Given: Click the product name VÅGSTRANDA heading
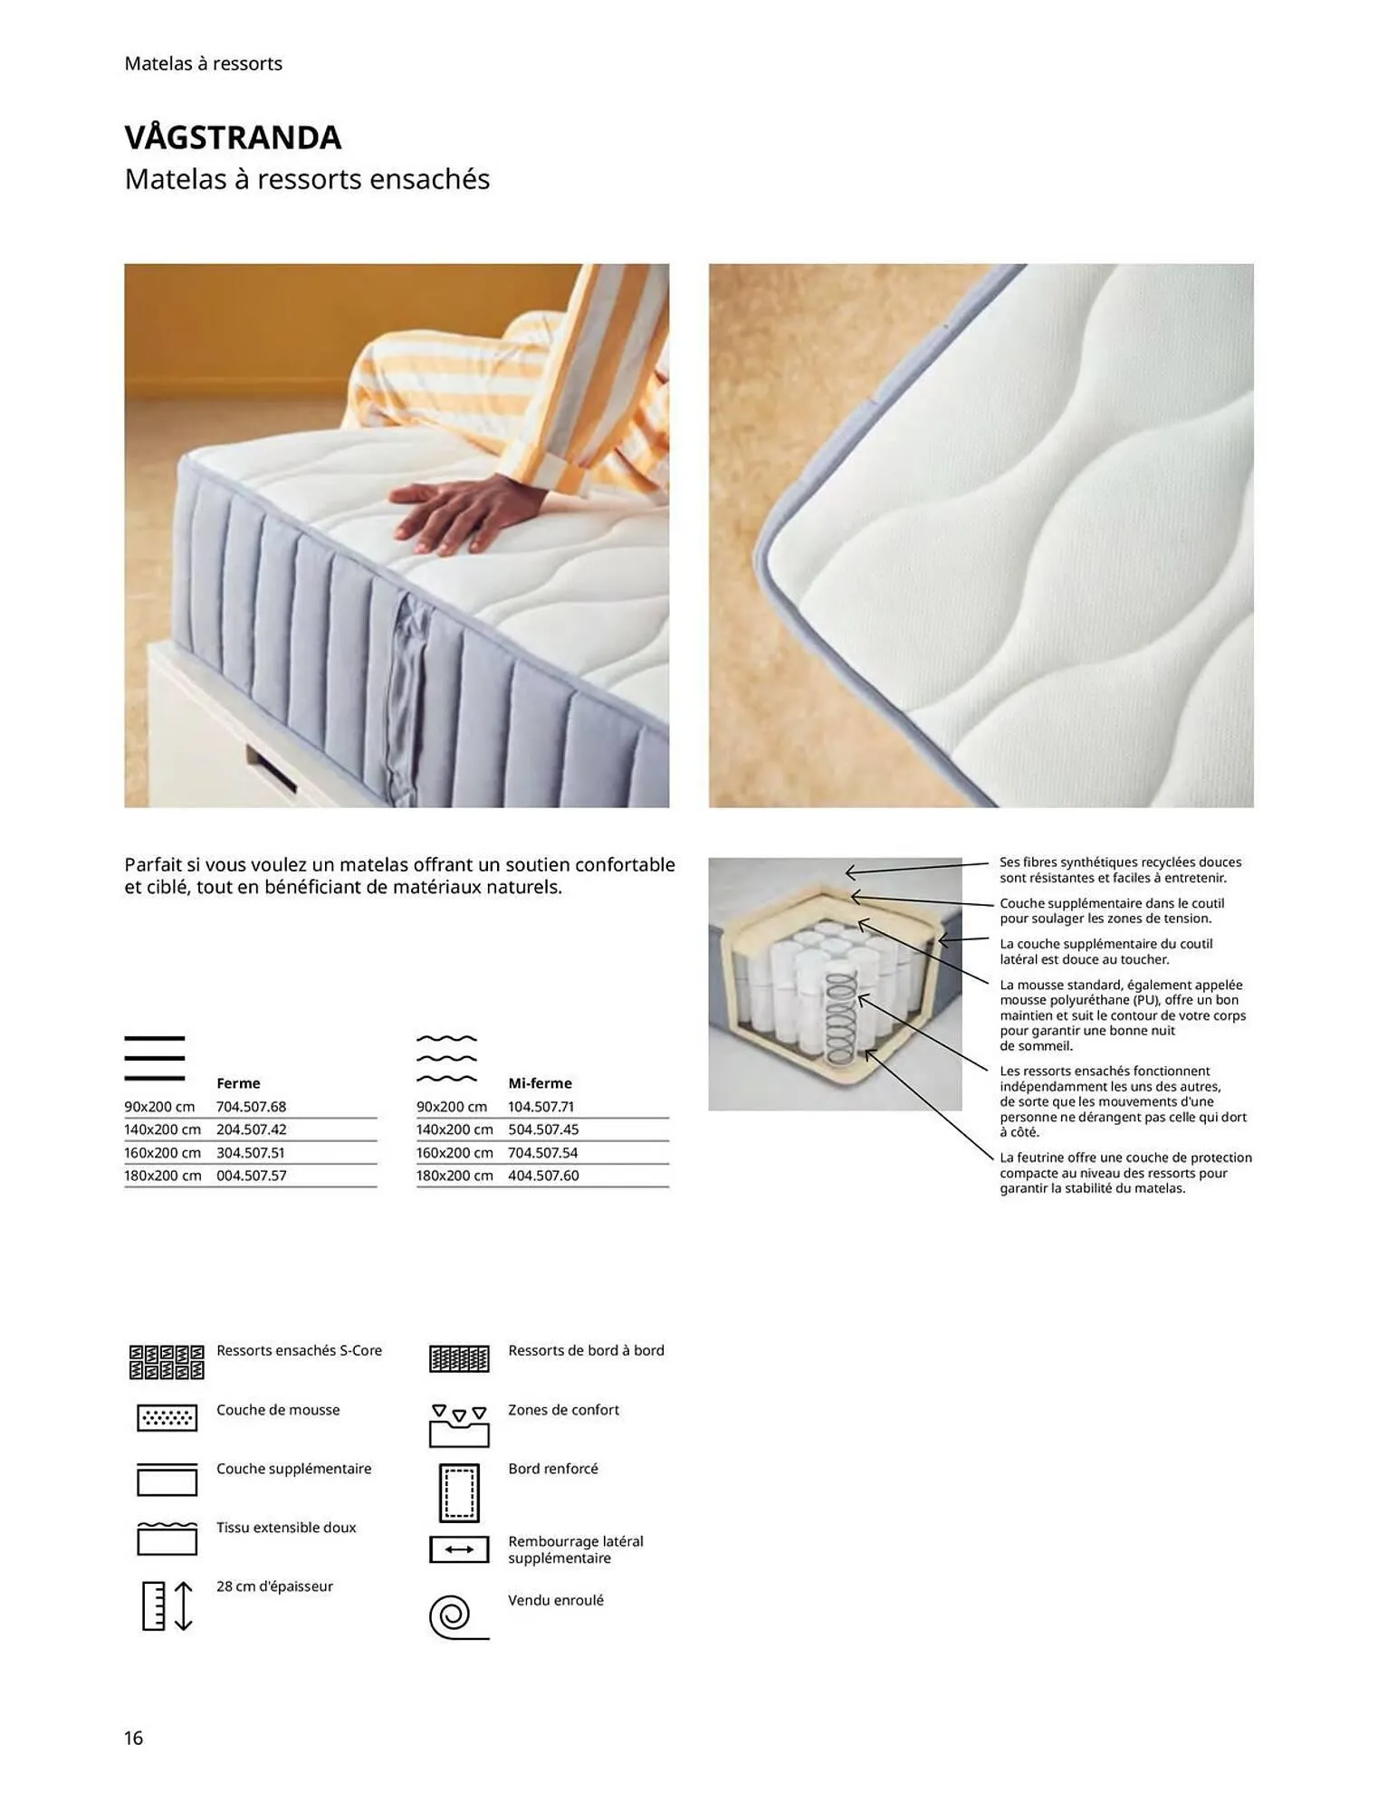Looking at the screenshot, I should pyautogui.click(x=233, y=138).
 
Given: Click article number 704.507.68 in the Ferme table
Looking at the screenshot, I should pyautogui.click(x=251, y=1107).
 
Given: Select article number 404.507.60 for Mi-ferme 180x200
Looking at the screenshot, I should pyautogui.click(x=543, y=1176).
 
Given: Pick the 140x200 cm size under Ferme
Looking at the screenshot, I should pyautogui.click(x=163, y=1129).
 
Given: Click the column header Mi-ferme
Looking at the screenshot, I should pyautogui.click(x=540, y=1083).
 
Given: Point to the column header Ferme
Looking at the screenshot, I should pyautogui.click(x=238, y=1083).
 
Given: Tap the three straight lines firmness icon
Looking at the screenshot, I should pyautogui.click(x=155, y=1058).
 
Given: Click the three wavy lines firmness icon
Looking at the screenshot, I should pyautogui.click(x=446, y=1058).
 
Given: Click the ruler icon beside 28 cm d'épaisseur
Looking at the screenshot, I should pyautogui.click(x=167, y=1605).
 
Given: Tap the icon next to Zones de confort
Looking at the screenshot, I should pyautogui.click(x=458, y=1424).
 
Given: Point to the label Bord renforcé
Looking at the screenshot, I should pyautogui.click(x=552, y=1468).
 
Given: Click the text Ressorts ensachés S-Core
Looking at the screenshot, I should pyautogui.click(x=299, y=1350).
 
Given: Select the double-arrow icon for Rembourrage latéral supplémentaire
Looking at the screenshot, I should pyautogui.click(x=458, y=1549).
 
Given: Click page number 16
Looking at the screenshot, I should pyautogui.click(x=133, y=1738).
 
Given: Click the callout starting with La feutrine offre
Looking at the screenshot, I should pyautogui.click(x=1125, y=1173).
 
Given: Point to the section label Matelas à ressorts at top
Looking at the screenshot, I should pyautogui.click(x=204, y=63).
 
